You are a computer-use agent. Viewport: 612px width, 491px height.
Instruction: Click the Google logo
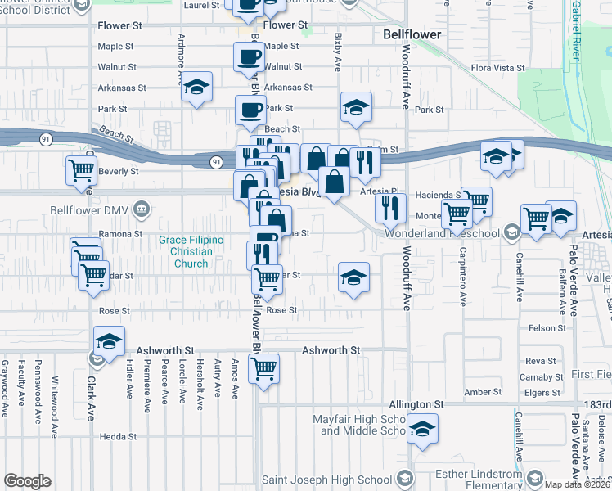tap(27, 481)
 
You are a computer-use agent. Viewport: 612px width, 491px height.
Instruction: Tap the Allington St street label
tap(416, 405)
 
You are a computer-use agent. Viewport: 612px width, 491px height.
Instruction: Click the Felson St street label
tap(547, 328)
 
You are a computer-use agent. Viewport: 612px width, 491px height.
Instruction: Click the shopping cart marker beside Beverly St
tap(81, 171)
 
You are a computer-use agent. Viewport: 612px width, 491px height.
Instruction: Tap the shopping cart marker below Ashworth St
tap(263, 369)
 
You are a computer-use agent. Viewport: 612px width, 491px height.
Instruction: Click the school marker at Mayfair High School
tap(422, 429)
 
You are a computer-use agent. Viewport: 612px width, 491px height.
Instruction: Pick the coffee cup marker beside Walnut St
tap(249, 57)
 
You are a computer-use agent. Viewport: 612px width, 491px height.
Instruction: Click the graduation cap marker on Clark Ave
tap(108, 342)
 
